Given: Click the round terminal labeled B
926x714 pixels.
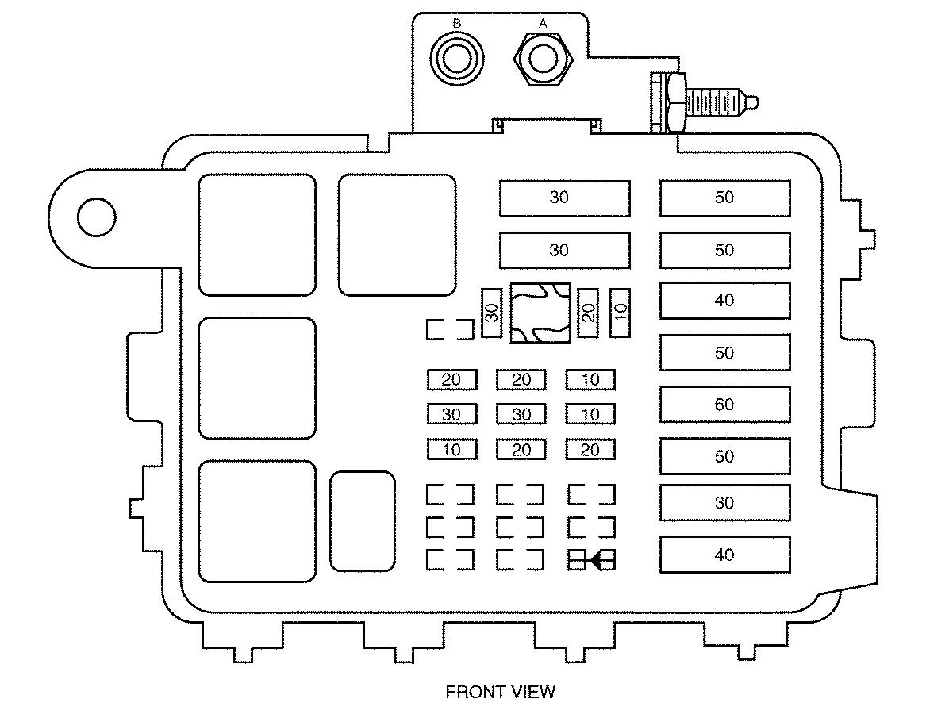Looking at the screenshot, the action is point(456,59).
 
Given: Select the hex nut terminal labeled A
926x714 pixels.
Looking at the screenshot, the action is point(544,59).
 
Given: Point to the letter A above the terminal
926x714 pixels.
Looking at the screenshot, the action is point(543,24).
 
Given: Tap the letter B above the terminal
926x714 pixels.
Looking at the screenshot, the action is point(456,24).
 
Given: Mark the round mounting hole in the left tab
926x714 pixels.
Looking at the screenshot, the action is point(96,217).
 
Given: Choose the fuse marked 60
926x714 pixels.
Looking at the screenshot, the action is point(724,405).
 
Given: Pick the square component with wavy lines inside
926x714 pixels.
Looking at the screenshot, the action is point(540,313).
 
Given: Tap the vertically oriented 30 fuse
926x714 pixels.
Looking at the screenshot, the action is point(491,313).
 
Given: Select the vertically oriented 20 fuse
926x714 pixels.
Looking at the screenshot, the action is point(588,313).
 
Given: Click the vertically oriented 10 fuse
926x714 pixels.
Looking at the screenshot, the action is point(620,313).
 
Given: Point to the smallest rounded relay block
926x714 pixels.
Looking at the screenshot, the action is point(362,521).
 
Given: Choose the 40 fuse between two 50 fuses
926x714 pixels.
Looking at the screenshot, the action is point(724,301).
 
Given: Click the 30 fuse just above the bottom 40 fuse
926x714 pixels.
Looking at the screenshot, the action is point(724,503).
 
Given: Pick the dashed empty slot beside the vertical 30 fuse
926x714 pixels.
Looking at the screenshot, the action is point(450,329).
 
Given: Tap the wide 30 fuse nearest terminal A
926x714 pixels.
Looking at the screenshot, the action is point(565,198).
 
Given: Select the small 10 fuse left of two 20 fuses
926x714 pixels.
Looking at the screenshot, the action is point(451,450).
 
